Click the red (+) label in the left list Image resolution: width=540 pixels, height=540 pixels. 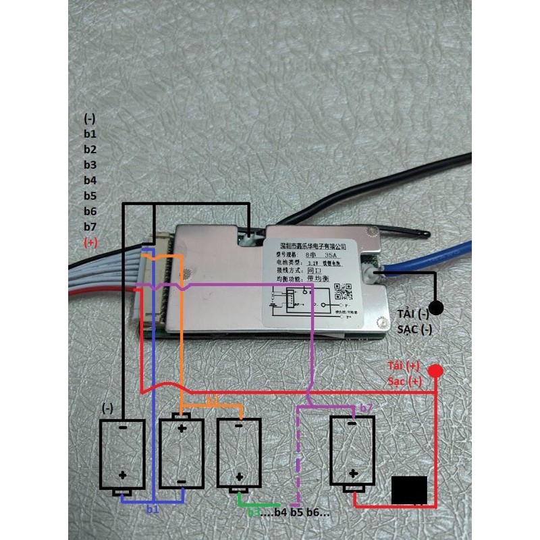[90, 242]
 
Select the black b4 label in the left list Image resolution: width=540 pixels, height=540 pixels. [90, 180]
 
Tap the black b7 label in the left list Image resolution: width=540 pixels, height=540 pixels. [90, 226]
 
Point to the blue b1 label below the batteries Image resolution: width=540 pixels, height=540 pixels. [153, 510]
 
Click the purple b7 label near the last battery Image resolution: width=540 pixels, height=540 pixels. [366, 408]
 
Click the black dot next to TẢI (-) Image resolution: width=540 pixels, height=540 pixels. [437, 308]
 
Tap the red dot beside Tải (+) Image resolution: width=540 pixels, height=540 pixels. [436, 371]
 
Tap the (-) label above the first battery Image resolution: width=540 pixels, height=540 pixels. [107, 408]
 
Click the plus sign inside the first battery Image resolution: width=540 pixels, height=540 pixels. [122, 475]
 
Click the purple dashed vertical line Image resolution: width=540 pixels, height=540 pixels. [298, 459]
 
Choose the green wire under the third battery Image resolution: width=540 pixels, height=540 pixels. [260, 504]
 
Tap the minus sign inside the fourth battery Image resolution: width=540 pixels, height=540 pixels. [352, 426]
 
